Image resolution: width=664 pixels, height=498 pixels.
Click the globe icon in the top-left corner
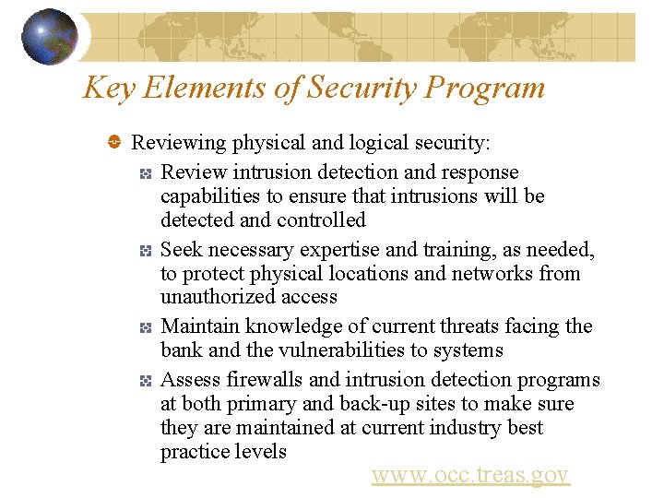click(49, 37)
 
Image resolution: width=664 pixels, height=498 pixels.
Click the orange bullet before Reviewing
click(114, 143)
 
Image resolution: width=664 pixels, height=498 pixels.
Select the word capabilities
click(207, 196)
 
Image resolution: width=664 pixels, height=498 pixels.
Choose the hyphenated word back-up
click(349, 404)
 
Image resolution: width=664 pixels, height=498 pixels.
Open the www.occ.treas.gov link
click(470, 475)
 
